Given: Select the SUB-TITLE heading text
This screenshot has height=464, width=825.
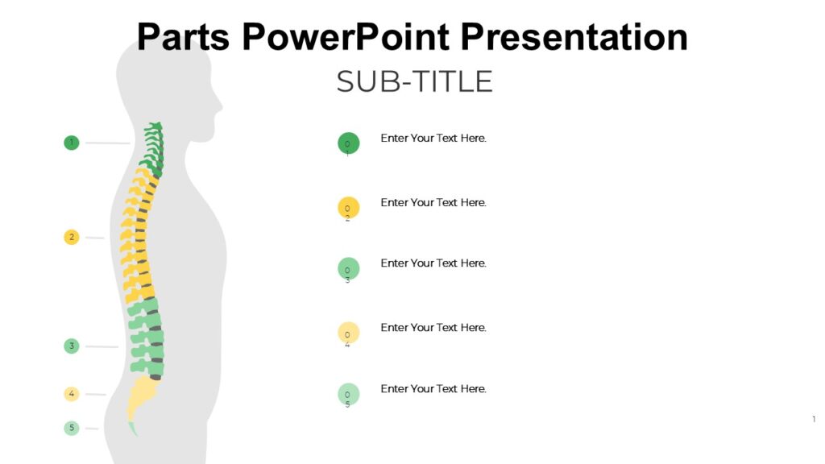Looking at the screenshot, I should [x=414, y=81].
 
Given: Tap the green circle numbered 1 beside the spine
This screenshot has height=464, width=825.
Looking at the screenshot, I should [x=72, y=143].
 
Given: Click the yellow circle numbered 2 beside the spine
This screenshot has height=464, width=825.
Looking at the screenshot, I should [x=72, y=237].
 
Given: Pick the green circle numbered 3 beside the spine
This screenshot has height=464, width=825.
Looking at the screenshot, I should [x=72, y=346].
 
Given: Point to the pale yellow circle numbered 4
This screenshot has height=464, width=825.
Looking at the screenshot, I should [x=72, y=394].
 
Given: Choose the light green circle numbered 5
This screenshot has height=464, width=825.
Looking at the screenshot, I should [x=72, y=428].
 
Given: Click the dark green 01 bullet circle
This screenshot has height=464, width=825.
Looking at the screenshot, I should [x=348, y=143].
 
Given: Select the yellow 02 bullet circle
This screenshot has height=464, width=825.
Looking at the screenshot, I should [x=348, y=207].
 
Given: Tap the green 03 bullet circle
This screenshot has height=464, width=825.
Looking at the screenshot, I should [x=348, y=268].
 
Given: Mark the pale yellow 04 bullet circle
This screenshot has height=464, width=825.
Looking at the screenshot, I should [x=348, y=333].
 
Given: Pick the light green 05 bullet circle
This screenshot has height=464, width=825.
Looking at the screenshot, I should [x=348, y=394].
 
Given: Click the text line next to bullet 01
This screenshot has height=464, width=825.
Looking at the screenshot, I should [x=433, y=138].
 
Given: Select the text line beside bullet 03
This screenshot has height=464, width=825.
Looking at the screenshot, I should [x=433, y=263].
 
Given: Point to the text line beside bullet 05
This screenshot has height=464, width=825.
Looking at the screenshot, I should [x=433, y=388].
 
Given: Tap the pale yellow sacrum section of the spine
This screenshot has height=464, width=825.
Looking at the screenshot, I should [x=142, y=394].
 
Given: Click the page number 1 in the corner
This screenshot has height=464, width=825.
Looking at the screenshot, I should [x=814, y=419].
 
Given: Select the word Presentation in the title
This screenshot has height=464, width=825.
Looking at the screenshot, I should [x=575, y=36].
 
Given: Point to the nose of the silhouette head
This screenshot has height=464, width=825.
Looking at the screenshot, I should [x=220, y=105].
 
